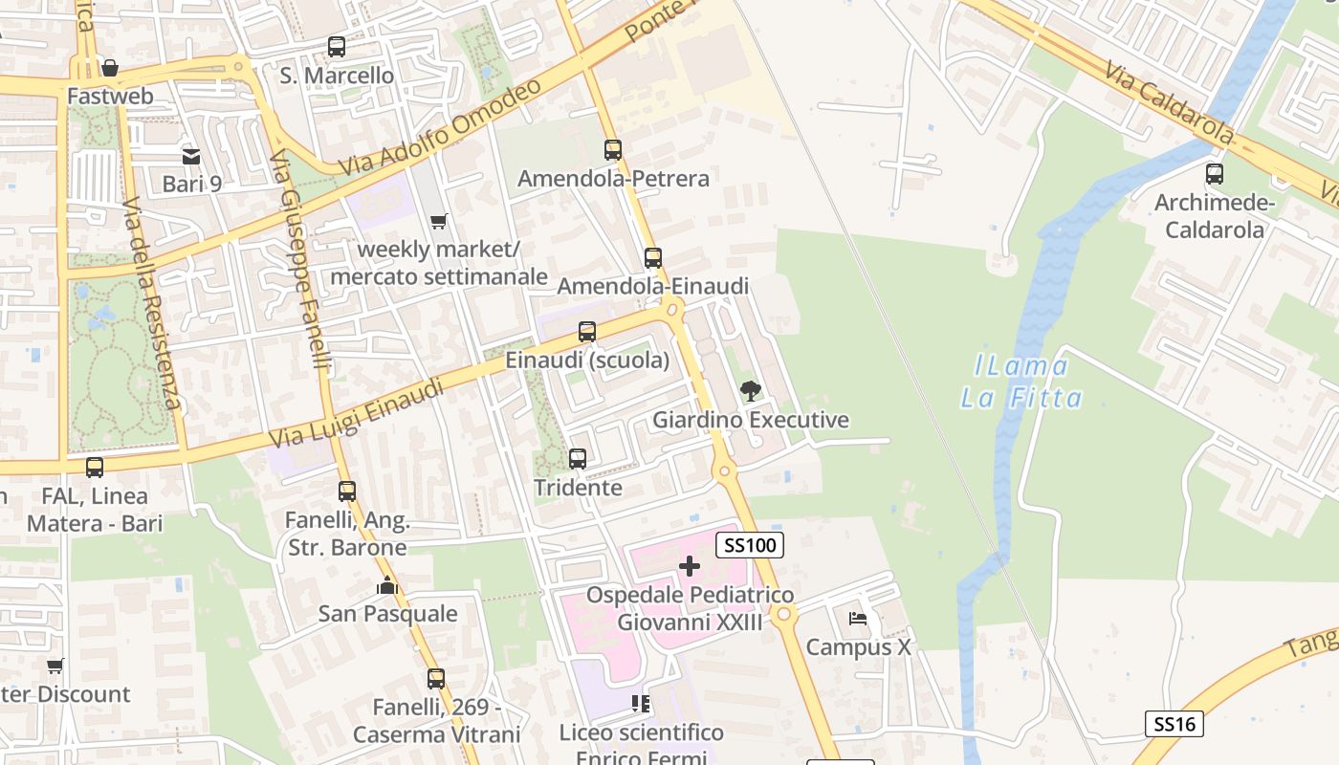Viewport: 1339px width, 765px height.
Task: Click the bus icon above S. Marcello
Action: [x=336, y=46]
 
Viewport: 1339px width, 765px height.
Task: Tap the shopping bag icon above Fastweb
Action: [x=110, y=68]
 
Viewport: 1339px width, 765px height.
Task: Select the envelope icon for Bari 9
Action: [x=191, y=156]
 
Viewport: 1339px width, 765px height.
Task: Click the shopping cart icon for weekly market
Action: [x=438, y=222]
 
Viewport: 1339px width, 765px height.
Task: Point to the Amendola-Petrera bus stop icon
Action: [x=613, y=150]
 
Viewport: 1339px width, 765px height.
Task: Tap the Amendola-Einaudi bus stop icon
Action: [x=653, y=258]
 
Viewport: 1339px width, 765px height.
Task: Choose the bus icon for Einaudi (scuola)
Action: [x=587, y=332]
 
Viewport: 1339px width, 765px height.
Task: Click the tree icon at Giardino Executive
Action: [x=751, y=391]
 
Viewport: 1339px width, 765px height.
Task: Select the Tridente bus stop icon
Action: [x=578, y=459]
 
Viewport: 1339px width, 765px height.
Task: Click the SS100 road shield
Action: [x=750, y=545]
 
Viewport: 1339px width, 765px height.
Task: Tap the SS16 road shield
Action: [x=1174, y=724]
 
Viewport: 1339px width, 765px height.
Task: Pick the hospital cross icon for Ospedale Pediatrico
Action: [x=689, y=566]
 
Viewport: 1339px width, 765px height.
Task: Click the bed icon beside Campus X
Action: [x=858, y=619]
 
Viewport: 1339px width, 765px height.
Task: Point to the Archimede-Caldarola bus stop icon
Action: [x=1215, y=174]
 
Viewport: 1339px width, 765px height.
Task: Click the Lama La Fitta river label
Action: [x=1021, y=382]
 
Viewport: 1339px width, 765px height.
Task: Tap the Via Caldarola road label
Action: [x=1168, y=103]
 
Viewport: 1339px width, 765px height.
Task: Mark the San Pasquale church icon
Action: [x=387, y=585]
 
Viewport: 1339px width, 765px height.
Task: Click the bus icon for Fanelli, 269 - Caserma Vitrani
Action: [x=436, y=679]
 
